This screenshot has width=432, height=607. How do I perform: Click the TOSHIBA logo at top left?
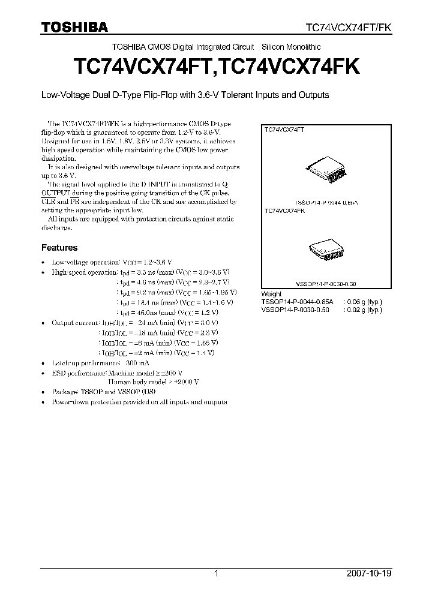point(74,27)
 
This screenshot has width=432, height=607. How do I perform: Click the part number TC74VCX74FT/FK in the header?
point(348,28)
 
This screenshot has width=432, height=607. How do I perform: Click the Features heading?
point(59,247)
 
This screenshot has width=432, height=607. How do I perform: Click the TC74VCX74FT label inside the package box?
point(285,129)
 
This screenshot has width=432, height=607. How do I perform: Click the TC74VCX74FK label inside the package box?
point(285,211)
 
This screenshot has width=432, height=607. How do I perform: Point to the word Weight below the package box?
point(272,294)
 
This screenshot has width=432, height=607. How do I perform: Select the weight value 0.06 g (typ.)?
point(363,302)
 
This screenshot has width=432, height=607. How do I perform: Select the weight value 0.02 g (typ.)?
point(363,309)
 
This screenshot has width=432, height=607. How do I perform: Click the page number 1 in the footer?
point(216,573)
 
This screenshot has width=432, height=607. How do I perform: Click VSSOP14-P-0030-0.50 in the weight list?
point(296,309)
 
